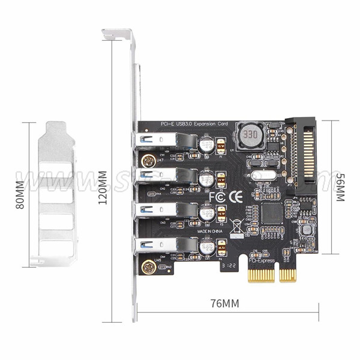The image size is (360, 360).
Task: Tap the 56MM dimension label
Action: pyautogui.click(x=340, y=188)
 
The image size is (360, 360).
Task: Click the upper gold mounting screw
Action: pyautogui.click(x=146, y=160)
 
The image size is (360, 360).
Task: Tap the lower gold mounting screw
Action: pyautogui.click(x=146, y=265)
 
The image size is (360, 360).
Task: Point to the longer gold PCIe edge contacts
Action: pyautogui.click(x=262, y=274)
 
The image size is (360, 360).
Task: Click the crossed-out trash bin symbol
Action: pyautogui.click(x=237, y=227)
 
